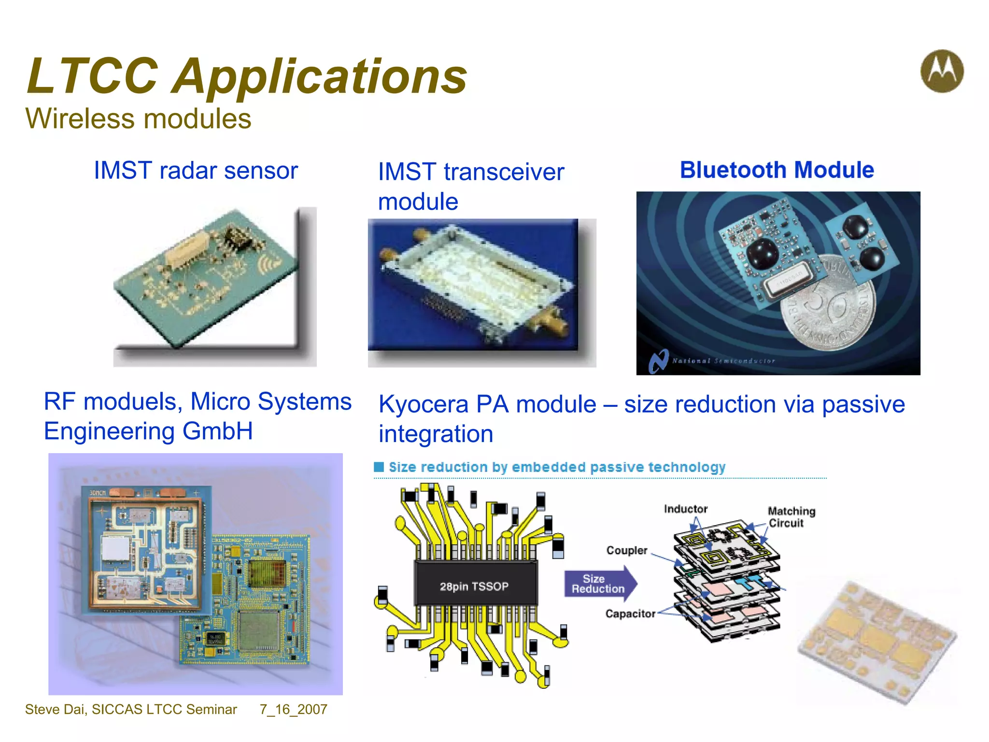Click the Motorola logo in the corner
tap(942, 71)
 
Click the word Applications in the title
tap(320, 76)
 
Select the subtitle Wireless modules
tap(138, 119)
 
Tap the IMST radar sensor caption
tap(196, 171)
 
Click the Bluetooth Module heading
tap(777, 170)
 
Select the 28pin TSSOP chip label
tap(474, 586)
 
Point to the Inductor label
tap(685, 509)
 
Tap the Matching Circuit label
tap(791, 517)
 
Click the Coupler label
tap(626, 551)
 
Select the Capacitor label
tap(630, 614)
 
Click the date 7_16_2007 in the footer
tap(293, 709)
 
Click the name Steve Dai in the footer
tap(56, 709)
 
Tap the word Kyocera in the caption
tap(423, 404)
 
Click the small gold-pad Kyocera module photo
tap(876, 642)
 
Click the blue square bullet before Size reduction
tap(379, 467)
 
